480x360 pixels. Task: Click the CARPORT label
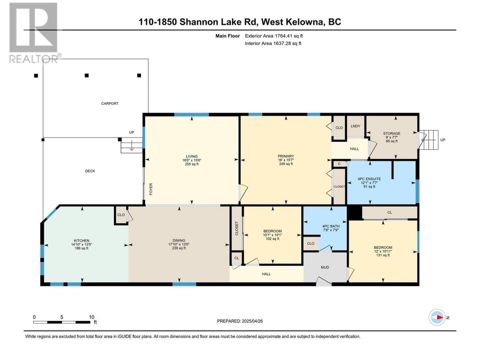pyautogui.click(x=110, y=103)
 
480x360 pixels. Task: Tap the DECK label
pyautogui.click(x=90, y=171)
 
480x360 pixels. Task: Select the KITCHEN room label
pyautogui.click(x=82, y=240)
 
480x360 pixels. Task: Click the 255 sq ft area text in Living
pyautogui.click(x=192, y=164)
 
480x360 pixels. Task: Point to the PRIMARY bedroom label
pyautogui.click(x=286, y=156)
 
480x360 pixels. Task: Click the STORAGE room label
pyautogui.click(x=391, y=133)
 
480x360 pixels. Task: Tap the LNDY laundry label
pyautogui.click(x=355, y=126)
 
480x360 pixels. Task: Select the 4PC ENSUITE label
pyautogui.click(x=369, y=179)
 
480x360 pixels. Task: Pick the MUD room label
pyautogui.click(x=325, y=267)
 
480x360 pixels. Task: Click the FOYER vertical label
pyautogui.click(x=151, y=189)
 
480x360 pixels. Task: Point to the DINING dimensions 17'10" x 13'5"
pyautogui.click(x=179, y=244)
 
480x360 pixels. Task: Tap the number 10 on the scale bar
pyautogui.click(x=91, y=317)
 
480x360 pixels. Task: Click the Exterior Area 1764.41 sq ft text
pyautogui.click(x=274, y=36)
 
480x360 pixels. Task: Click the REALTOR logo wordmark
pyautogui.click(x=34, y=59)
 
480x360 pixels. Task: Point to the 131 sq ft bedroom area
pyautogui.click(x=383, y=255)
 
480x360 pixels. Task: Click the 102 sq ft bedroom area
pyautogui.click(x=273, y=239)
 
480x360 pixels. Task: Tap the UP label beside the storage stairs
pyautogui.click(x=442, y=139)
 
